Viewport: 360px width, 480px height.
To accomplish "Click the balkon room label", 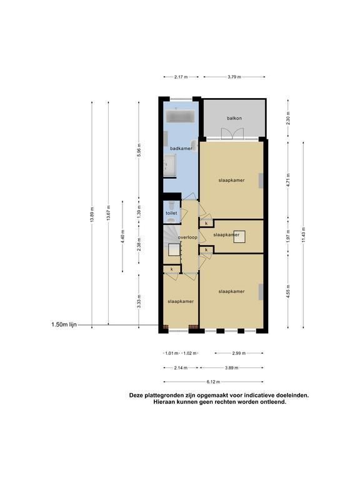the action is pyautogui.click(x=234, y=118).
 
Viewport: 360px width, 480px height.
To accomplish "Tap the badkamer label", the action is pyautogui.click(x=181, y=149).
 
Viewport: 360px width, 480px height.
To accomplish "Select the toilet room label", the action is pyautogui.click(x=171, y=213).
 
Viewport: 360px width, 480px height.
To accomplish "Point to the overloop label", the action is pyautogui.click(x=187, y=237).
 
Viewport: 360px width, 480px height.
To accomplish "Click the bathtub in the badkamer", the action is pyautogui.click(x=180, y=117).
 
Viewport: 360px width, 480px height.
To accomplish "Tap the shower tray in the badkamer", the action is pyautogui.click(x=169, y=165).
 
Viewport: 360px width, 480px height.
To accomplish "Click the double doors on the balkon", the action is pyautogui.click(x=232, y=134).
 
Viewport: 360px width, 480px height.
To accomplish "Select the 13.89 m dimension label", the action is pyautogui.click(x=92, y=215).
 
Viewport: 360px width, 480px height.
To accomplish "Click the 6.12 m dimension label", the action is pyautogui.click(x=213, y=382).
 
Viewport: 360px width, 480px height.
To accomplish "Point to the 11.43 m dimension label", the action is pyautogui.click(x=303, y=234).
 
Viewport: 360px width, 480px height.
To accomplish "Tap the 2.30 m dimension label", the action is pyautogui.click(x=288, y=118).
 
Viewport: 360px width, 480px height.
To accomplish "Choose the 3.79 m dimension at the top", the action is pyautogui.click(x=234, y=77).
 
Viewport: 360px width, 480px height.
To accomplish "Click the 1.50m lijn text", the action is pyautogui.click(x=64, y=324).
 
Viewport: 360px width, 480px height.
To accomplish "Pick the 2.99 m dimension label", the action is pyautogui.click(x=239, y=353).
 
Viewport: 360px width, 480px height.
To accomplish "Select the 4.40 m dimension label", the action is pyautogui.click(x=122, y=236).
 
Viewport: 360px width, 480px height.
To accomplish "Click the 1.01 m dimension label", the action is pyautogui.click(x=171, y=353).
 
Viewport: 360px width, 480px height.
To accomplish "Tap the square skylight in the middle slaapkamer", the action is pyautogui.click(x=239, y=237).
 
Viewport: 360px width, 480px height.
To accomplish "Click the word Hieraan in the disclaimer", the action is pyautogui.click(x=164, y=402).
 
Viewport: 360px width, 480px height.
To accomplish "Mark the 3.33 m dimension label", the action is pyautogui.click(x=139, y=301).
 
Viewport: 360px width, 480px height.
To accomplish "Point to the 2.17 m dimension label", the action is pyautogui.click(x=181, y=77).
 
